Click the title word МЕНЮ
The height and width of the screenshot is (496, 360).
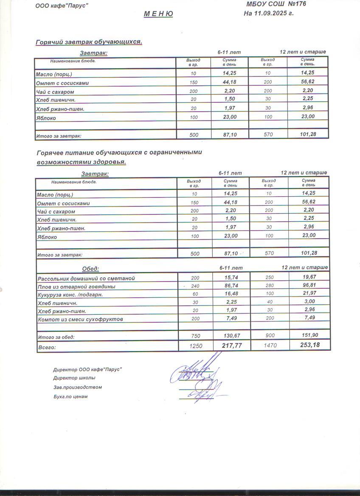click(x=158, y=14)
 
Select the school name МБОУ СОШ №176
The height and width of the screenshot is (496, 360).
click(x=276, y=4)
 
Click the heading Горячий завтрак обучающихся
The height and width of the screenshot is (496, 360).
click(x=89, y=42)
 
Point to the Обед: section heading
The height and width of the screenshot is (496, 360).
click(x=90, y=268)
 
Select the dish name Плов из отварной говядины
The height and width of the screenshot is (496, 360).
click(x=76, y=287)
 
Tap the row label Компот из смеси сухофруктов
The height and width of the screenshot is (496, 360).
click(x=80, y=319)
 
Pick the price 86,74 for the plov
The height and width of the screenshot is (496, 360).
click(x=231, y=286)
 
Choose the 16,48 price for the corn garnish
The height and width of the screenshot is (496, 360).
click(x=231, y=294)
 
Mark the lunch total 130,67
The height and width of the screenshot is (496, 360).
click(x=232, y=335)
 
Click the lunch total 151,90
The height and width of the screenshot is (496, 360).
click(x=309, y=335)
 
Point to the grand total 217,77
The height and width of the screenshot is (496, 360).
click(x=232, y=346)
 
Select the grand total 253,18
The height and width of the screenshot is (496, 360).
click(x=309, y=345)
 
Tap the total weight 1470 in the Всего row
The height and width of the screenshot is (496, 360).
click(x=270, y=346)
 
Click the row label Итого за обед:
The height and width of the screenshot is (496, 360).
click(x=56, y=337)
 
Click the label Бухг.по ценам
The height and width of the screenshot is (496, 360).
click(x=70, y=397)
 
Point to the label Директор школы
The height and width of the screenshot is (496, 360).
click(x=74, y=378)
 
